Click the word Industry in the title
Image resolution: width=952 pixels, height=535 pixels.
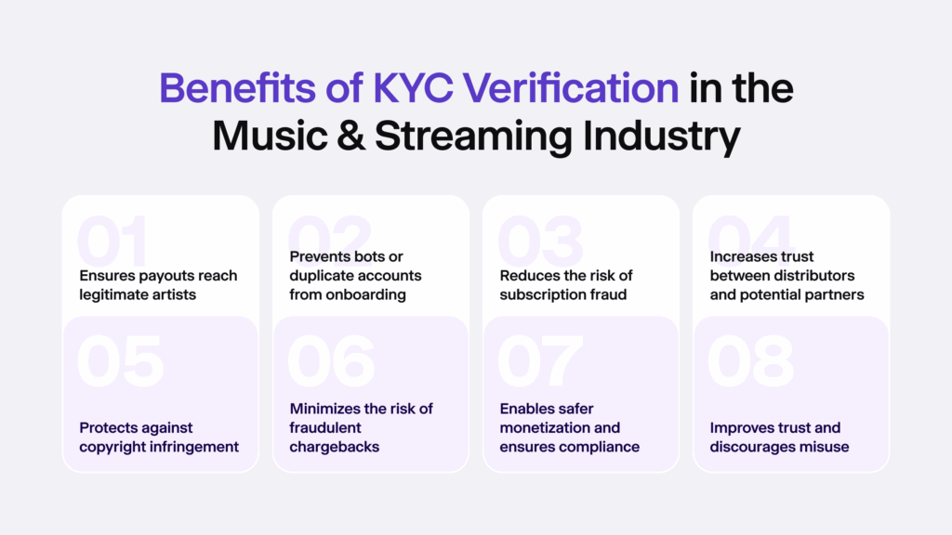coord(662,137)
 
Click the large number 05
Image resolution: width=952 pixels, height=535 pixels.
coord(121,362)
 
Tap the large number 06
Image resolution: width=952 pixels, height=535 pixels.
coord(332,362)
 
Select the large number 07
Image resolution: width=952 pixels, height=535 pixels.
coord(542,362)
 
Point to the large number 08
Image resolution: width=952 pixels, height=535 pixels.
coord(751,362)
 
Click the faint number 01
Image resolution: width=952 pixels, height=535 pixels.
coord(113,243)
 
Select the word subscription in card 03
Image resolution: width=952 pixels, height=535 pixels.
coord(537,295)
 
